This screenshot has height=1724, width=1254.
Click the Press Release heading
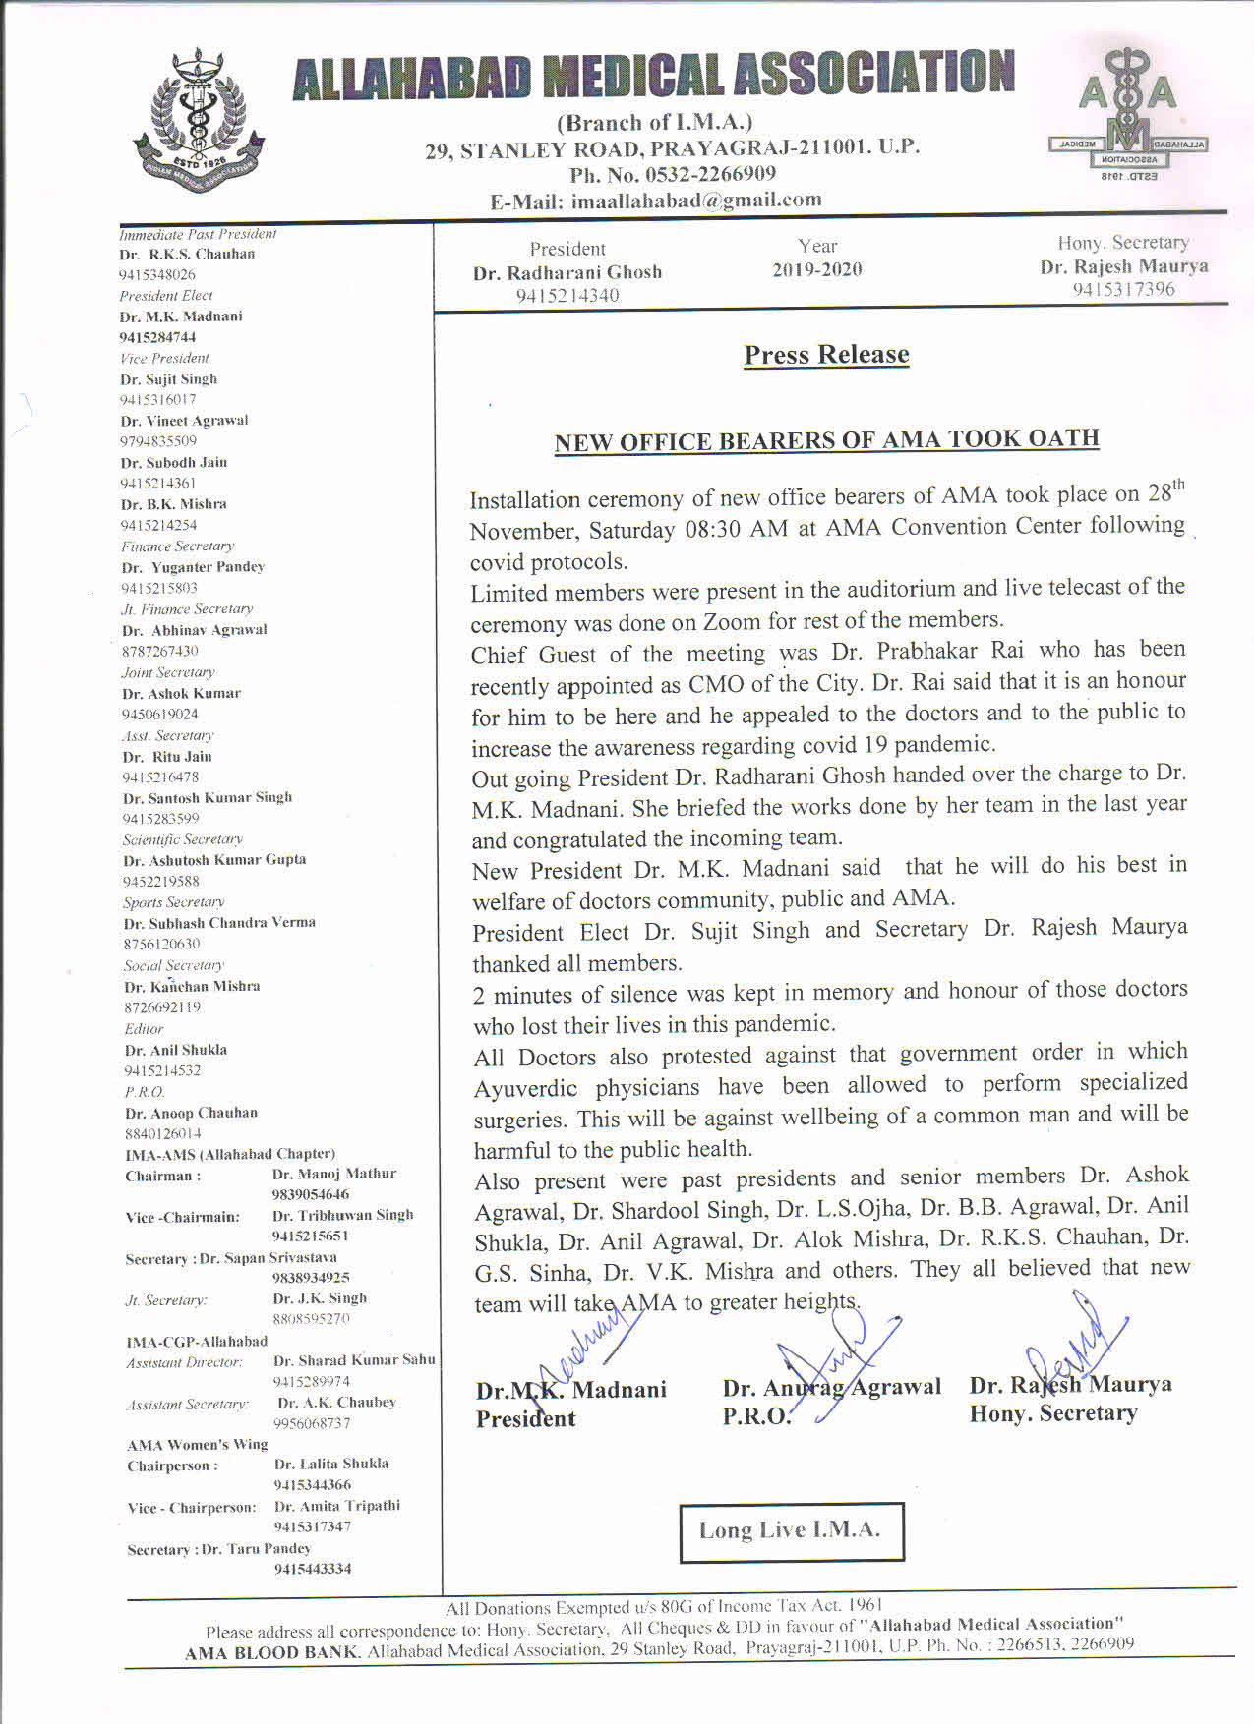826,355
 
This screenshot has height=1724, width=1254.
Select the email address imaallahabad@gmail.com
696,201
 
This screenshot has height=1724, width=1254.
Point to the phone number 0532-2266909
710,175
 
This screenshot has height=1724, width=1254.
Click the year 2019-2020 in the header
816,270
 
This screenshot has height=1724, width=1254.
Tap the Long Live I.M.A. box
791,1530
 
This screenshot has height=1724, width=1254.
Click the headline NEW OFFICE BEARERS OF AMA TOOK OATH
826,440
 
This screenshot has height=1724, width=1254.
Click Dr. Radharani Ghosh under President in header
567,273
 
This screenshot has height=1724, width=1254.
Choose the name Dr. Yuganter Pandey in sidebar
194,567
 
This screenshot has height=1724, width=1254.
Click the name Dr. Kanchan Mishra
192,987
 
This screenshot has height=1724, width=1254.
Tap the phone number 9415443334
312,1569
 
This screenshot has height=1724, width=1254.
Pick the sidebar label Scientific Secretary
183,839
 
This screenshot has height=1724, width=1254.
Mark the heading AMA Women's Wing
198,1445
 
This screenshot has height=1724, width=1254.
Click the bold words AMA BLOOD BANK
273,1653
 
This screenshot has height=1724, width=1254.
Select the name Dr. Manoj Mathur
334,1174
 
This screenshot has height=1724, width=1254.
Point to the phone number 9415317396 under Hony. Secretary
1123,289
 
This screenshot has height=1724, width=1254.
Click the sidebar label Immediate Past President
198,234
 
